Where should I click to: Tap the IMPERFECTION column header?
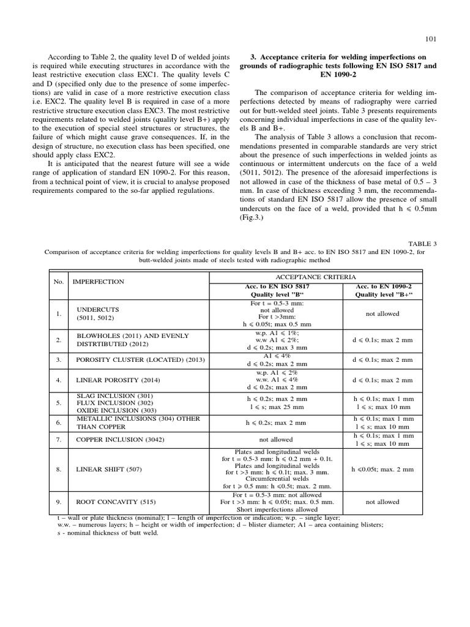(98, 282)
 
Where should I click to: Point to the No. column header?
(59, 282)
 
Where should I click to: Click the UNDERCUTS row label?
(98, 310)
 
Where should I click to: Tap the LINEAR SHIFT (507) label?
(108, 470)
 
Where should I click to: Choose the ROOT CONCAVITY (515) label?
(113, 502)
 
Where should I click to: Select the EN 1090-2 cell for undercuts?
(382, 313)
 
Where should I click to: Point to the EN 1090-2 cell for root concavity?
(382, 502)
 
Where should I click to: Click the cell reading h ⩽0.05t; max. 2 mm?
(382, 470)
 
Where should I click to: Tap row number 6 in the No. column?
(59, 422)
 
